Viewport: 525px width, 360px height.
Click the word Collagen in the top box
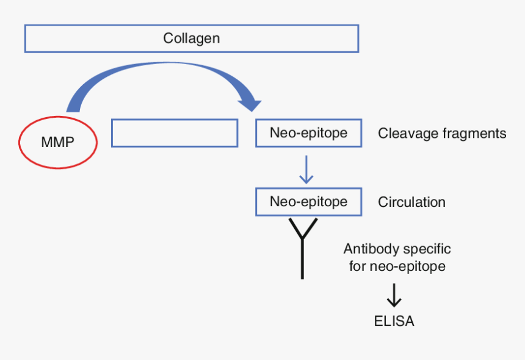[191, 38]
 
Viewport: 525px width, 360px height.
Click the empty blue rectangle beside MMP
[175, 133]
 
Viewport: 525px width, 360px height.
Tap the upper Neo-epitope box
[308, 133]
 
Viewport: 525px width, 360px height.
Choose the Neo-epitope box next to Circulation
[308, 201]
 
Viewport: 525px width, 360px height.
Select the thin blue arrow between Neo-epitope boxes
[306, 170]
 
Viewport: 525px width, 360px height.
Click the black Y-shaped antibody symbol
[302, 241]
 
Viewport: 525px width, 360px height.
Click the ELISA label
[394, 321]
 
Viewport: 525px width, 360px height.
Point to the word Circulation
[411, 202]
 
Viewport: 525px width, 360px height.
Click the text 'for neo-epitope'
[397, 267]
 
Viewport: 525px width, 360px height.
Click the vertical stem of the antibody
[302, 259]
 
